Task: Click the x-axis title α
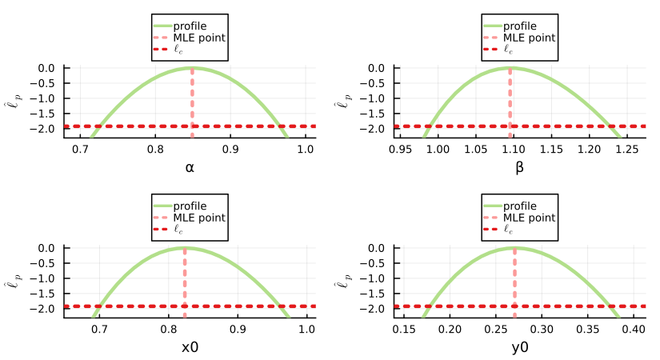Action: tap(190, 167)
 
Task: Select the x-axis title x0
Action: tap(190, 347)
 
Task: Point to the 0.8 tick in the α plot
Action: tap(155, 148)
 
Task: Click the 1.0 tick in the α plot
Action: tap(306, 148)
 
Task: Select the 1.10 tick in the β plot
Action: tap(513, 148)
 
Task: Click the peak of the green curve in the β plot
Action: tap(510, 68)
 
